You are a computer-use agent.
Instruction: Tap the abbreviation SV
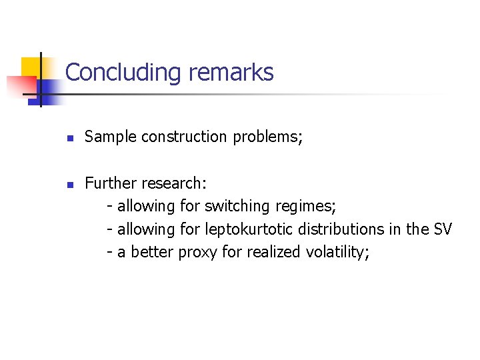(x=442, y=229)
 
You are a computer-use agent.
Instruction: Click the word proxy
(x=197, y=253)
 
